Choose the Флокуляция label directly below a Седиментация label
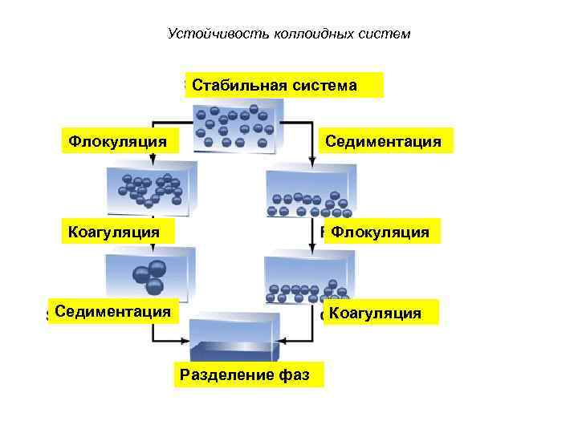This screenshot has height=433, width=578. [380, 232]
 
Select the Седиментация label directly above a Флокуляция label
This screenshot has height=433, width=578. [383, 141]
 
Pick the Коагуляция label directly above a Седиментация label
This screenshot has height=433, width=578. [113, 232]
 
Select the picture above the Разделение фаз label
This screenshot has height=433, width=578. [234, 338]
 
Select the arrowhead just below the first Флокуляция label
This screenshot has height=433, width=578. [153, 161]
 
